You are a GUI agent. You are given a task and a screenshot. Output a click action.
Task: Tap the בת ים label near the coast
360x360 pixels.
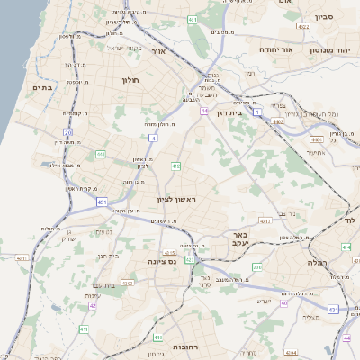tap(43, 87)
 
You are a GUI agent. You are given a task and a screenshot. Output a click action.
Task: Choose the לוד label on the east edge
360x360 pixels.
tap(350, 220)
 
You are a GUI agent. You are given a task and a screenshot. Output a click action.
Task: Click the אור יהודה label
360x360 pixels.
tap(278, 49)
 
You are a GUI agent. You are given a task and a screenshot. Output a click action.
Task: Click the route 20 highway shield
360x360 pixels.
tap(67, 132)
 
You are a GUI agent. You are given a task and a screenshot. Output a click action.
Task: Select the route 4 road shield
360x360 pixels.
tap(154, 139)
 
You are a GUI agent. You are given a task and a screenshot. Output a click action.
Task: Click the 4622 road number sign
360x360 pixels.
tap(304, 27)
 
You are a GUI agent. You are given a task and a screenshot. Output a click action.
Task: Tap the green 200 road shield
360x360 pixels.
tap(256, 266)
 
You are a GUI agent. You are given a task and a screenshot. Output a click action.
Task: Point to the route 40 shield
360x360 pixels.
tap(284, 303)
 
